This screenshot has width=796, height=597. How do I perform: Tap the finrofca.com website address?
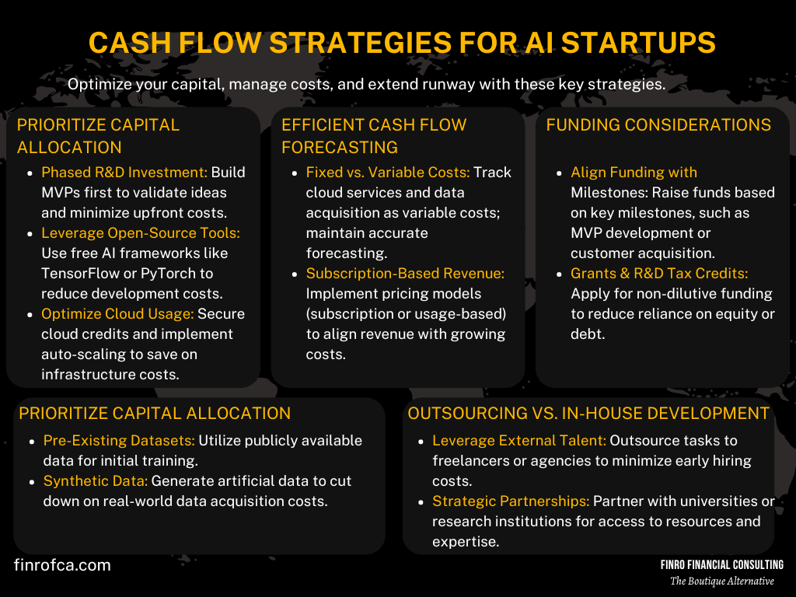click(62, 565)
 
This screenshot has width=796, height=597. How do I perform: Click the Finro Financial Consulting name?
click(722, 565)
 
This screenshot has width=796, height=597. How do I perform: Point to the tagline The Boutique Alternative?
click(722, 581)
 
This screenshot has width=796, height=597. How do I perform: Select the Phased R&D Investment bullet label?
click(124, 173)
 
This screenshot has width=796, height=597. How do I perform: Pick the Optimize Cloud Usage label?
click(117, 314)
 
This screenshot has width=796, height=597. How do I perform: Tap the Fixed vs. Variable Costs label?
click(388, 173)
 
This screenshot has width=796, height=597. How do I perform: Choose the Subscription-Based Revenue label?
click(405, 274)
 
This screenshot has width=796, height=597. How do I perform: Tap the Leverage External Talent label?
click(519, 441)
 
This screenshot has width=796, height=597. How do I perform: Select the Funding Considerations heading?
click(658, 125)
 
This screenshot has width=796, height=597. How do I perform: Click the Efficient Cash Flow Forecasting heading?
click(374, 136)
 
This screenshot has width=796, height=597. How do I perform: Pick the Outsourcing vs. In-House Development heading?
click(588, 414)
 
